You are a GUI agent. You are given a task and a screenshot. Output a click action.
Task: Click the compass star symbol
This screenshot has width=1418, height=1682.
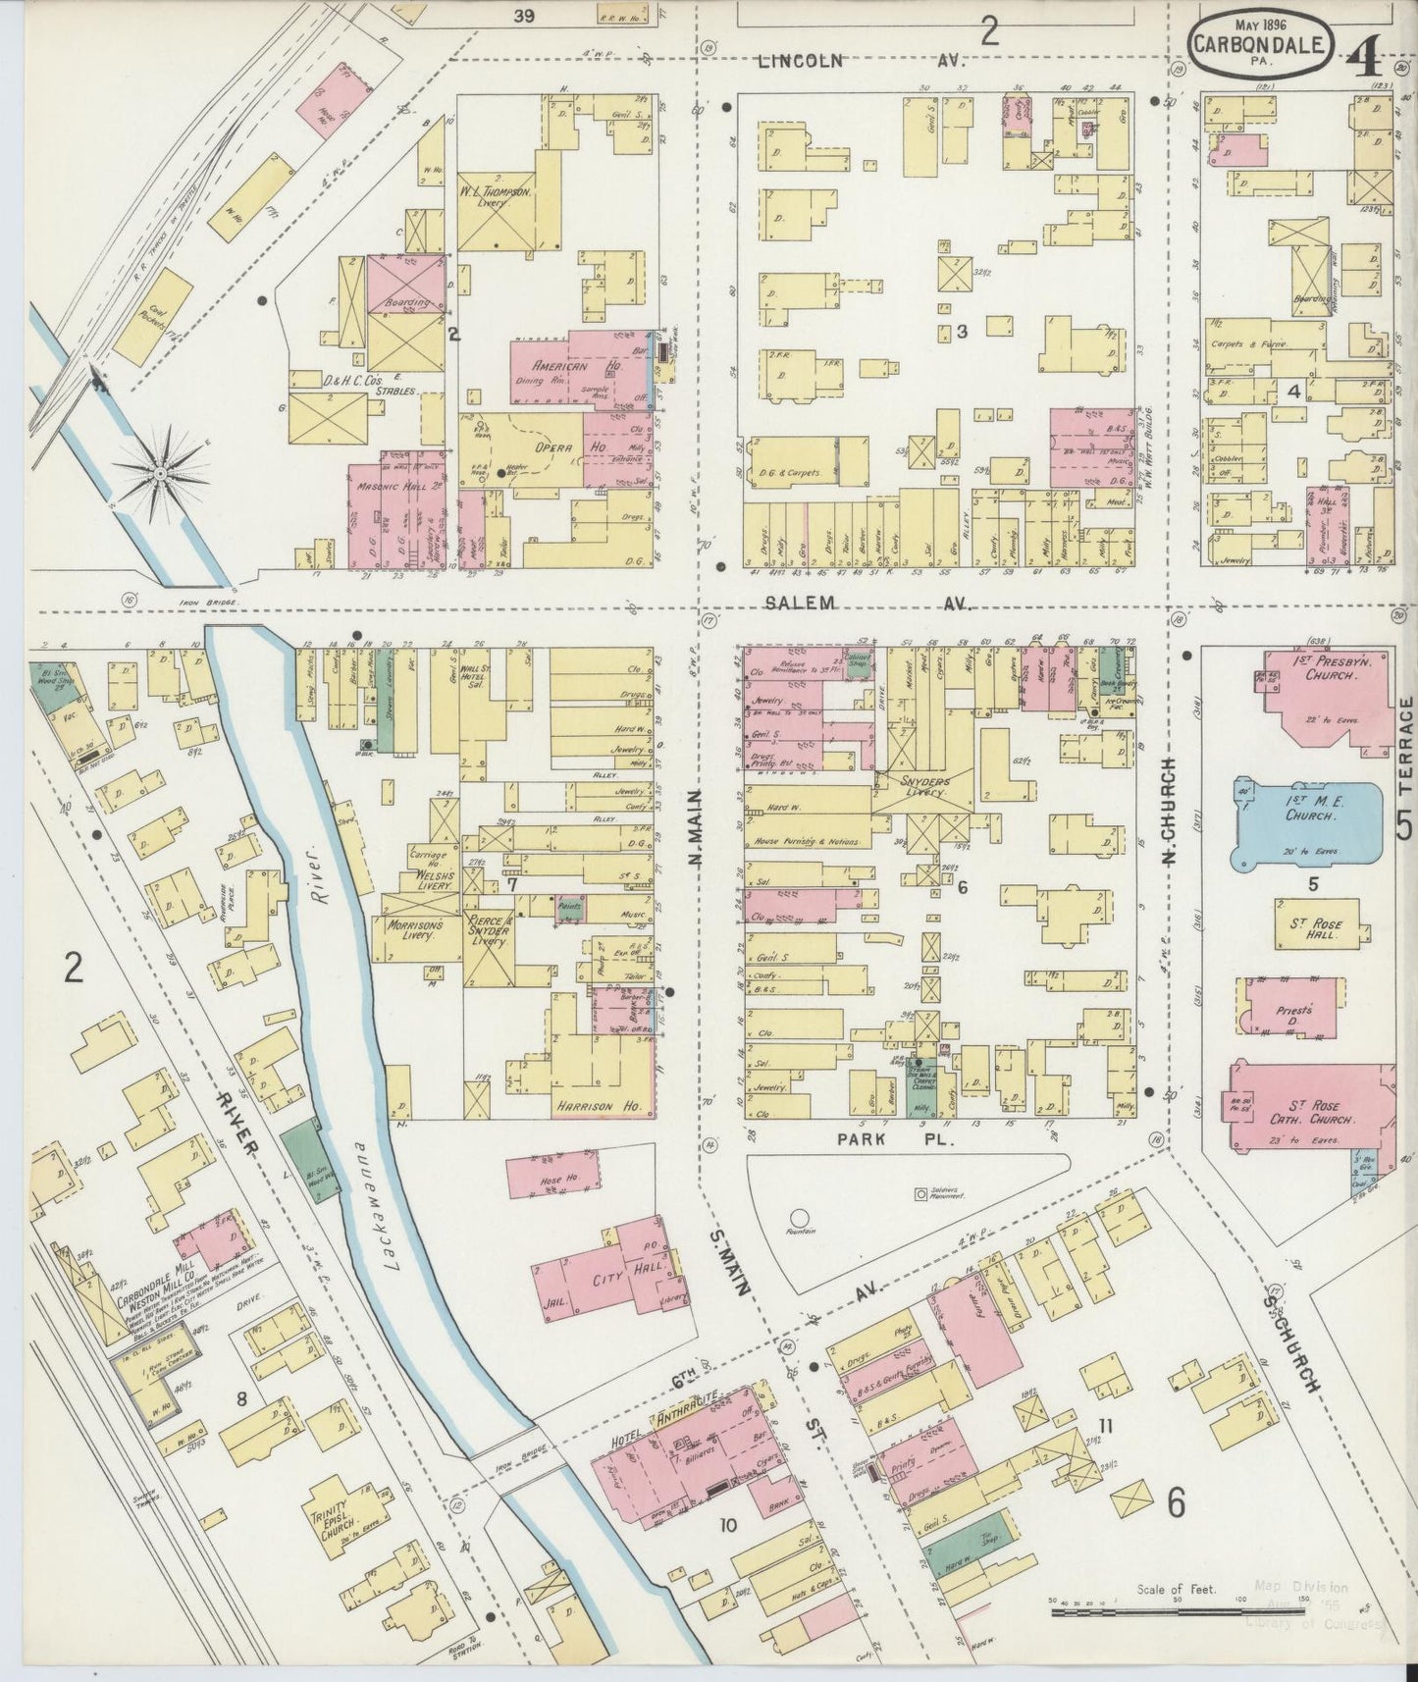click(x=158, y=474)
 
